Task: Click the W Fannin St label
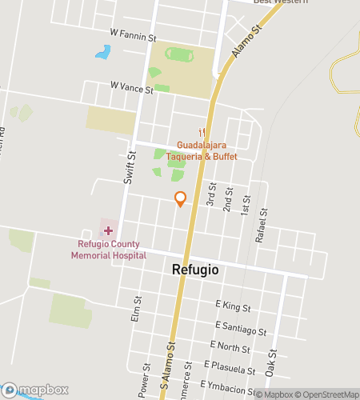133,38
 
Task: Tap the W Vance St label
131,89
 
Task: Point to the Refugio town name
195,270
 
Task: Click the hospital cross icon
108,230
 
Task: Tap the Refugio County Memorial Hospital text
108,250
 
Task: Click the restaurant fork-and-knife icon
202,133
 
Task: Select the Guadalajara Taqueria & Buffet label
202,150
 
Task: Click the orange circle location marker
181,197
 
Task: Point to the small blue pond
102,53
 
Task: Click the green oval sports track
180,54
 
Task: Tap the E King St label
234,306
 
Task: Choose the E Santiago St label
241,327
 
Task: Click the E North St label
230,346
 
